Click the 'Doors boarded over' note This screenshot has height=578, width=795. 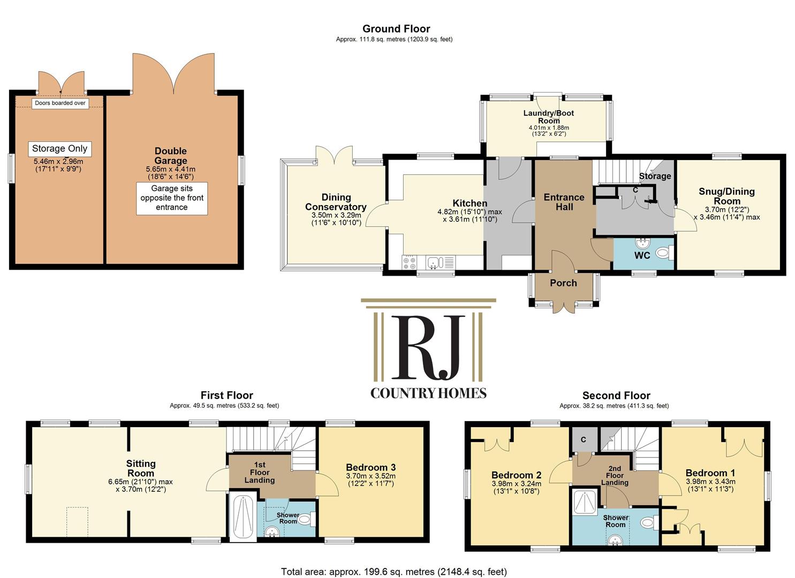click(x=60, y=103)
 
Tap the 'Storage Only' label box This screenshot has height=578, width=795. click(x=59, y=149)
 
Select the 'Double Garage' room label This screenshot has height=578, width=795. click(x=171, y=156)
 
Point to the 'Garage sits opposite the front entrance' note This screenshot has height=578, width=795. click(x=172, y=198)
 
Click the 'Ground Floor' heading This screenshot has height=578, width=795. click(x=396, y=29)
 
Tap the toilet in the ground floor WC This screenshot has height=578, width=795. click(x=664, y=252)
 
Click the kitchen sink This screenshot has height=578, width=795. click(x=435, y=262)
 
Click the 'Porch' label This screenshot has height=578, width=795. click(x=563, y=283)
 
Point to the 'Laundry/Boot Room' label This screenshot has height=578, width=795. click(x=549, y=117)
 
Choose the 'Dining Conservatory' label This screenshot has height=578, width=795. click(x=336, y=202)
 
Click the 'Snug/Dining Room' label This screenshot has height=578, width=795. click(x=726, y=196)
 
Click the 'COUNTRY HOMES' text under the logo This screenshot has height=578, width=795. click(x=428, y=393)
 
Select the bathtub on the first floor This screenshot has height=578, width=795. click(x=242, y=516)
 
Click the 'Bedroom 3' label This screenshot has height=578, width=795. click(x=370, y=467)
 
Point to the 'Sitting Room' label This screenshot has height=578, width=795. click(x=141, y=468)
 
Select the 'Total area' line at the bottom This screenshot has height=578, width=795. click(x=393, y=572)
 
